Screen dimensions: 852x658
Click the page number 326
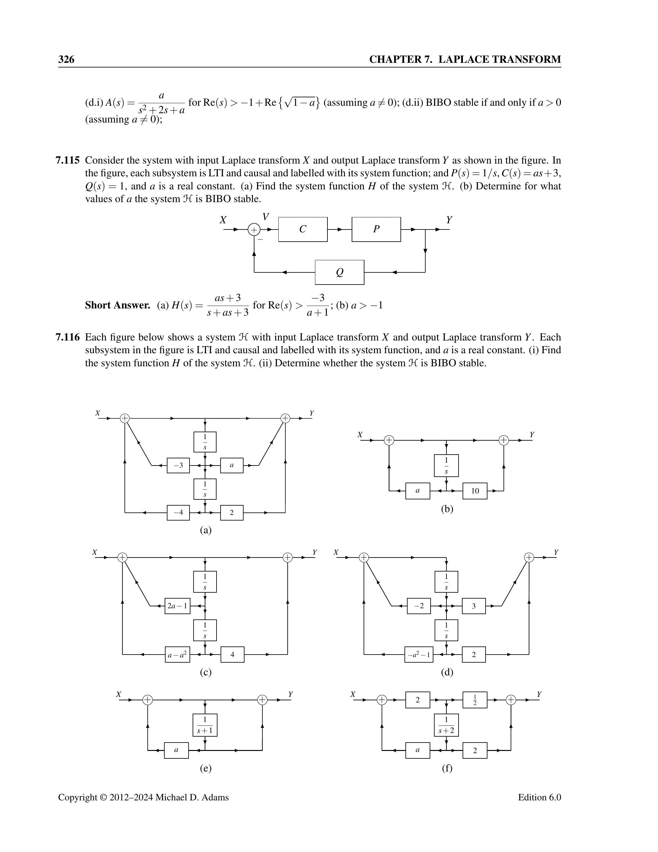pos(66,59)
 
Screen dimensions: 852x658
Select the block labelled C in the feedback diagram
pos(303,229)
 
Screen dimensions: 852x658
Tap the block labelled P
pos(376,229)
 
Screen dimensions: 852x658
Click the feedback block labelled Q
pos(340,272)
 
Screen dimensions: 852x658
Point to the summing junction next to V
pos(254,230)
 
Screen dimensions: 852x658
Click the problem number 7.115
pos(68,160)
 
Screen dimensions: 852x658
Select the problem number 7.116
pos(68,337)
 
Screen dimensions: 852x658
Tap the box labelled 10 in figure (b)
pos(475,491)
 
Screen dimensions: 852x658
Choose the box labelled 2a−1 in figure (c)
pos(177,606)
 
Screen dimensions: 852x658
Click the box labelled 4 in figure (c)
pos(232,654)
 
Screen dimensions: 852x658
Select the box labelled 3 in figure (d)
pos(474,606)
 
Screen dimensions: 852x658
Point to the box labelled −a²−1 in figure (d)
pos(419,654)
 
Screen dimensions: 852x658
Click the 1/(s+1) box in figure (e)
pos(205,725)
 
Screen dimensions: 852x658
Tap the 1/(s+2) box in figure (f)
pos(446,725)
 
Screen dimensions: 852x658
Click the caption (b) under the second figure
pos(447,509)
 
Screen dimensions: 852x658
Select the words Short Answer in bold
pos(117,305)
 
